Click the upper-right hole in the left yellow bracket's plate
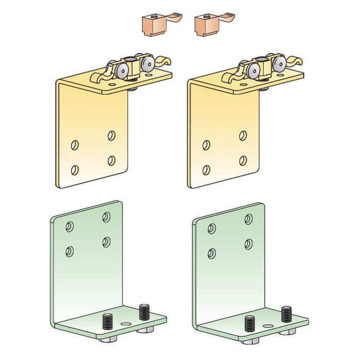click(111, 136)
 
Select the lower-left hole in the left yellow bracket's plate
click(75, 169)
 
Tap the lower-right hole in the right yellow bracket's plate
click(242, 160)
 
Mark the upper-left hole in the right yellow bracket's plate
click(207, 145)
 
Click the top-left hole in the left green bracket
click(69, 226)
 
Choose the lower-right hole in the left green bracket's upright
click(106, 241)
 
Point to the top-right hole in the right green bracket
click(248, 220)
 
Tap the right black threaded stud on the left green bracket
click(143, 312)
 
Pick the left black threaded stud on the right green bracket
click(250, 322)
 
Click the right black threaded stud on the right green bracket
click(286, 313)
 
